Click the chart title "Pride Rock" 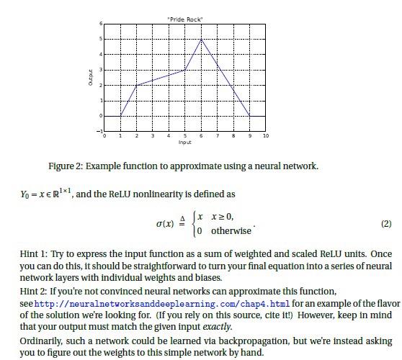point(185,18)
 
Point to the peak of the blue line point(202,39)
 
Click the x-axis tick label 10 point(266,135)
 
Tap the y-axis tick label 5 point(101,39)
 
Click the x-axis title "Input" point(185,143)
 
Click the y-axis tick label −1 point(100,131)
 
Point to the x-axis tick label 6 point(202,135)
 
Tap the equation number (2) point(386,223)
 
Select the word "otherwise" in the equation point(231,231)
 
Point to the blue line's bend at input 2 point(137,85)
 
